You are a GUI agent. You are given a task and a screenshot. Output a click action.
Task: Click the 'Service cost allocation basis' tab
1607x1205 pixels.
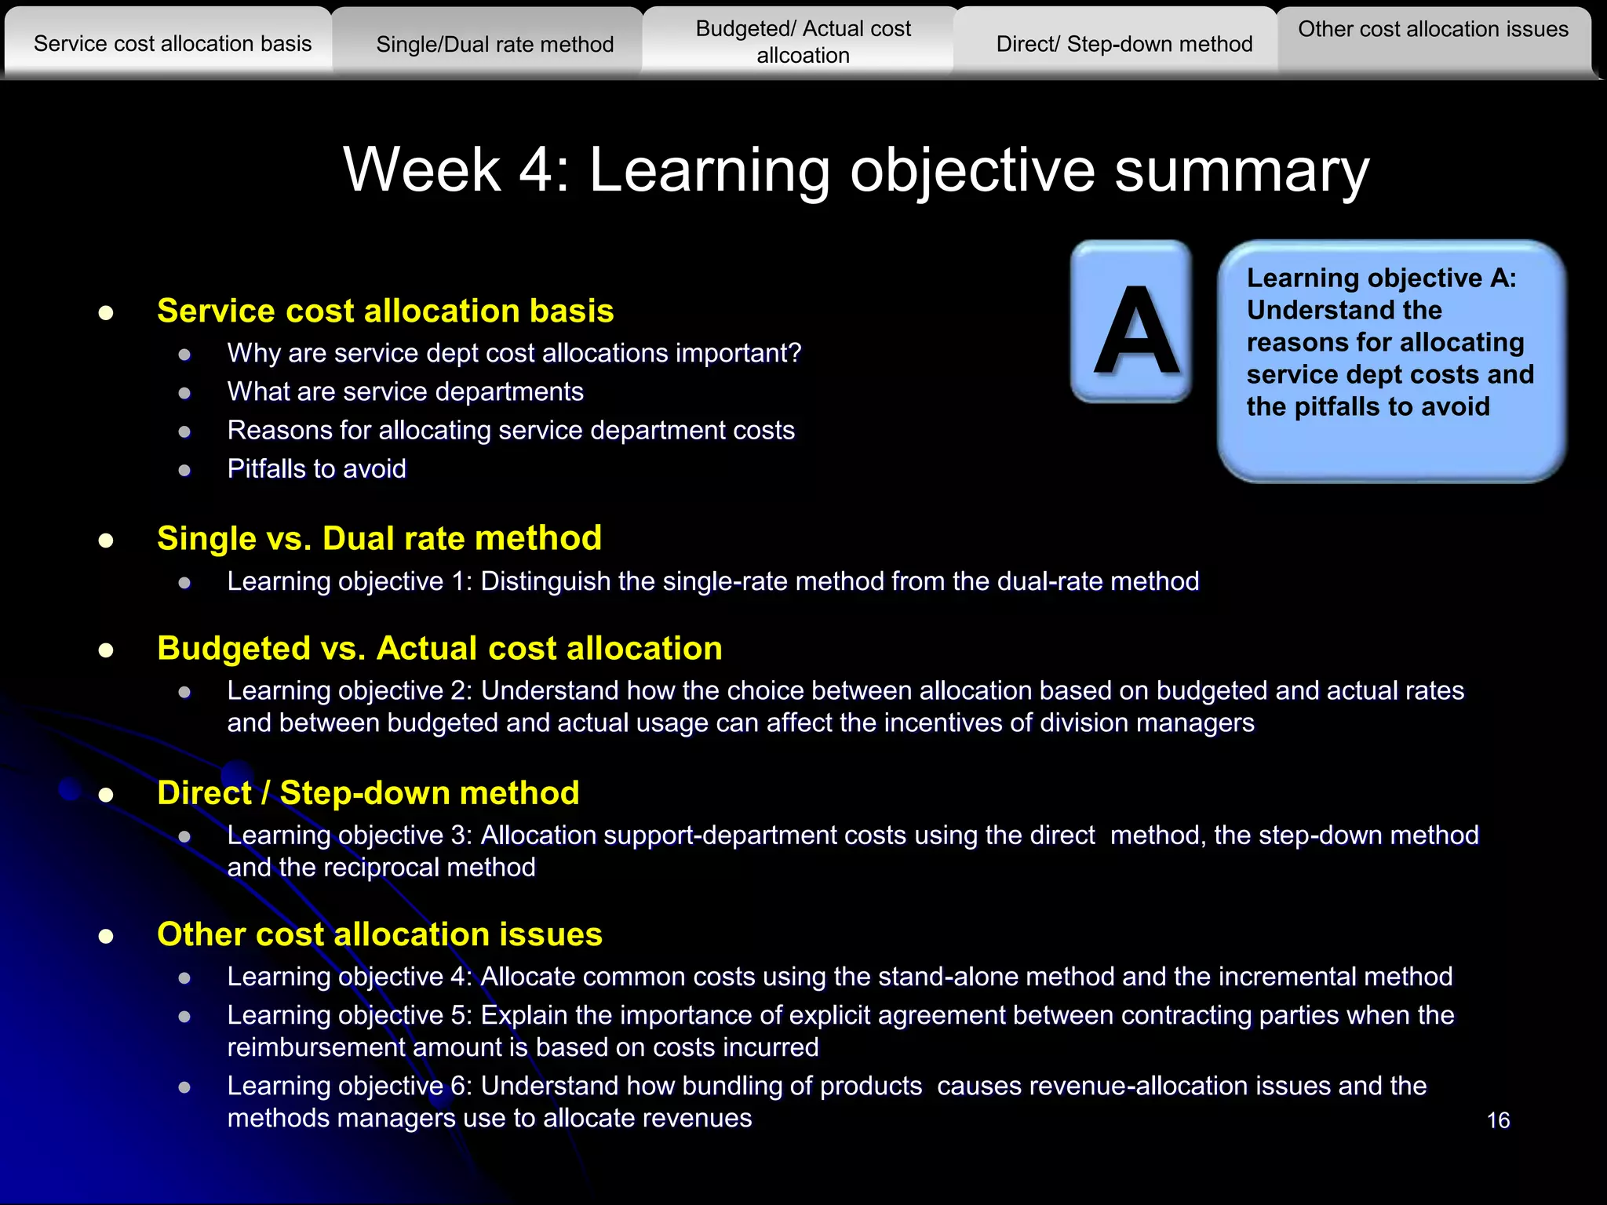(173, 43)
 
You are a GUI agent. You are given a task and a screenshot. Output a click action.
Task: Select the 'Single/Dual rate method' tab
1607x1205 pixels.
(494, 44)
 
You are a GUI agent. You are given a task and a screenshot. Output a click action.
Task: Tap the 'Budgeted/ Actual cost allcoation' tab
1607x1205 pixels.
(803, 42)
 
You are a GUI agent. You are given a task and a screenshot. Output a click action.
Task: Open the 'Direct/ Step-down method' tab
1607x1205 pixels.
(1124, 44)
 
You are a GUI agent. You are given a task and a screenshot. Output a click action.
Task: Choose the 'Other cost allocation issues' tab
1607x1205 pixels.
(1433, 30)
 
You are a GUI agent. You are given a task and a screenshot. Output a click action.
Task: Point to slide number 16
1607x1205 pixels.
(1498, 1120)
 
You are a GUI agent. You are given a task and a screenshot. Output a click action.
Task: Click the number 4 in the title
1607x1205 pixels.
(536, 169)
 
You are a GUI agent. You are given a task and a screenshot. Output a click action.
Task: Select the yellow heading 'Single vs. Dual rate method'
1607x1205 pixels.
(379, 539)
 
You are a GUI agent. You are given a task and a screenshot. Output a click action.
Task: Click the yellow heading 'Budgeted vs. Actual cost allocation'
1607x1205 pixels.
(439, 649)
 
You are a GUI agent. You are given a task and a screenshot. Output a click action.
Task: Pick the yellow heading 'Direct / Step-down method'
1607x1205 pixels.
(368, 793)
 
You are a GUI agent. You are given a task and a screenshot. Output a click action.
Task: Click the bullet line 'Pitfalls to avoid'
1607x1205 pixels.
(317, 469)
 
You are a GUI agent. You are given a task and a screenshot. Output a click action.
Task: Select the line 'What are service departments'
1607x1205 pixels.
(405, 391)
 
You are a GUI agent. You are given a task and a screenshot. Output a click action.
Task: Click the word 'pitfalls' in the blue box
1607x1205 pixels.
(1329, 407)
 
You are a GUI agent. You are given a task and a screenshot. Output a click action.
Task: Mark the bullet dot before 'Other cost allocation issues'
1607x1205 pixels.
(106, 936)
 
